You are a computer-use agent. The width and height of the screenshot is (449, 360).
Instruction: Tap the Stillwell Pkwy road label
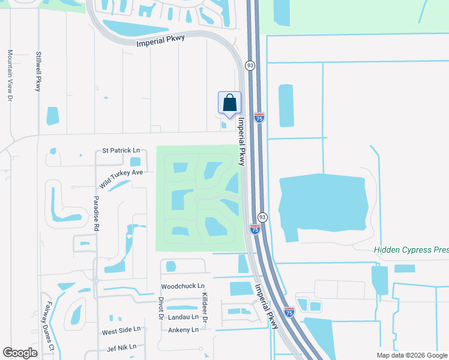[38, 71]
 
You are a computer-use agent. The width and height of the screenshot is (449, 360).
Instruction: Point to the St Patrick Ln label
[121, 150]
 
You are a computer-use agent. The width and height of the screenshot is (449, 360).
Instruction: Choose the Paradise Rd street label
[95, 213]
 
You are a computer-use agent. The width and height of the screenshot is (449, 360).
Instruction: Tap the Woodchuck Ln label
[183, 287]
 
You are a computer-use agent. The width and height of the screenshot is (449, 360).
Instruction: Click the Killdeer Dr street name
[205, 307]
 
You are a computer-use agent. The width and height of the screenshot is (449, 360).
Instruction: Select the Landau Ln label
[183, 317]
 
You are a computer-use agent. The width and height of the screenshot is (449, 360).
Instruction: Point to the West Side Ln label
[121, 330]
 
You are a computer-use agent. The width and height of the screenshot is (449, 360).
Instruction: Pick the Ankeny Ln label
[183, 330]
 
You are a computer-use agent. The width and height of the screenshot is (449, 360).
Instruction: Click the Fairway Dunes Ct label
[47, 330]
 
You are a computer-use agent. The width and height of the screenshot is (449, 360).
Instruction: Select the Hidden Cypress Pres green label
[411, 250]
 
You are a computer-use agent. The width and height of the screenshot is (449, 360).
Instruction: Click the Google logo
[20, 353]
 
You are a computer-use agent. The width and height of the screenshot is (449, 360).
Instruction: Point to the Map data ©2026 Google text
[412, 355]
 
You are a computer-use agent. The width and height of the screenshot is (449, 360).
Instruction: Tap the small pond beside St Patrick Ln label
[135, 161]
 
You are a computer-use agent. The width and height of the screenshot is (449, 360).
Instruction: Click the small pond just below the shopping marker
[224, 125]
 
